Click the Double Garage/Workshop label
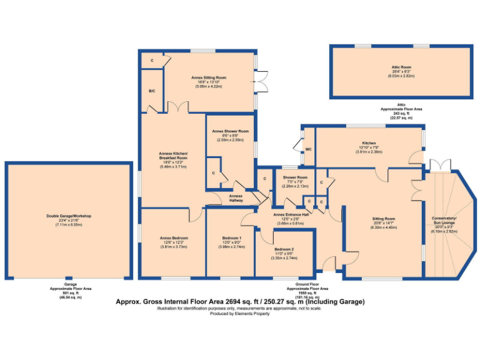pos(69,216)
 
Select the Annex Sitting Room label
pos(209,78)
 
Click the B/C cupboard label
pos(151,91)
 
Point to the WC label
pos(308,149)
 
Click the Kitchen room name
pos(368,143)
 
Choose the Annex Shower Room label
pos(231,131)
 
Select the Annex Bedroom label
pos(173,238)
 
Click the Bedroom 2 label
pos(283,249)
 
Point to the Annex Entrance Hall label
pos(291,214)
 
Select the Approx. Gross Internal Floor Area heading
pos(240,301)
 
